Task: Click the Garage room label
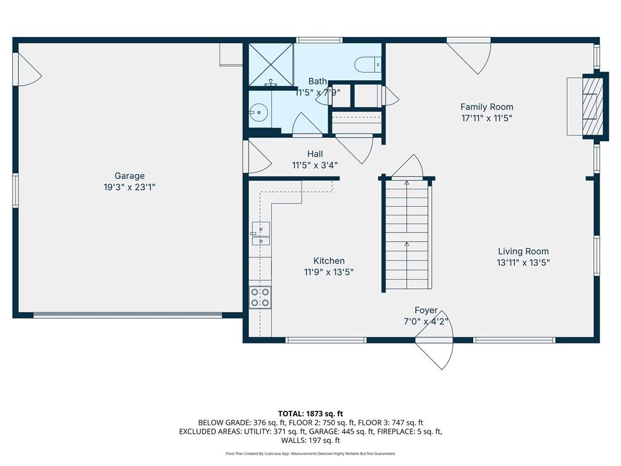click(x=130, y=175)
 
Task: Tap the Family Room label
click(x=487, y=107)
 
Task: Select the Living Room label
click(x=523, y=251)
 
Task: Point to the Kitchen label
click(x=329, y=261)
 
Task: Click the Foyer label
click(x=426, y=310)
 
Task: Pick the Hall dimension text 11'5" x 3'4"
click(x=315, y=165)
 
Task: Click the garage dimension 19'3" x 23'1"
click(x=129, y=187)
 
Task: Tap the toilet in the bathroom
click(x=368, y=64)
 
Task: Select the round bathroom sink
click(x=259, y=112)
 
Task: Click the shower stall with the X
click(x=271, y=64)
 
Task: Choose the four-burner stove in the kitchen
click(x=260, y=297)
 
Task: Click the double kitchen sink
click(x=261, y=234)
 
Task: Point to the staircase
click(x=407, y=235)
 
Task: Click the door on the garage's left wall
click(x=27, y=69)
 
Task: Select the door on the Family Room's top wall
click(x=469, y=56)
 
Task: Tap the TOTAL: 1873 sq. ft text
click(x=310, y=414)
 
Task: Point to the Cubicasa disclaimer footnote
click(x=310, y=454)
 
